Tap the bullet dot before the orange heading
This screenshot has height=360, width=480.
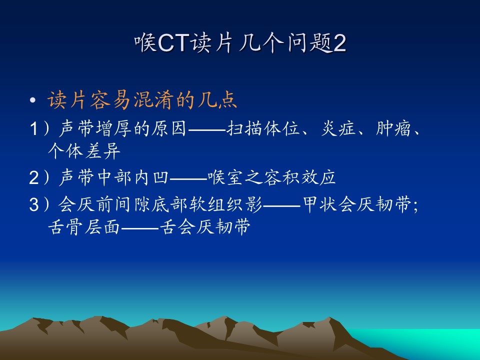(x=33, y=100)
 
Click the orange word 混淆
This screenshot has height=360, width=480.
(x=153, y=100)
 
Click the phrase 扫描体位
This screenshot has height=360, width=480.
(x=263, y=128)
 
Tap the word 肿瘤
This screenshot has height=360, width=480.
(x=393, y=128)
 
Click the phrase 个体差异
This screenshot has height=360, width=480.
(x=84, y=150)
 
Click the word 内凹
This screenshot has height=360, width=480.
(x=151, y=177)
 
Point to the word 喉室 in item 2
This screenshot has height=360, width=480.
(x=225, y=177)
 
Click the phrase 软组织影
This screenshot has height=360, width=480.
(x=225, y=204)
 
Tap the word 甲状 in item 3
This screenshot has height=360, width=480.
(x=320, y=204)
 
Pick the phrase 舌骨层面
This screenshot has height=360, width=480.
(x=84, y=227)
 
